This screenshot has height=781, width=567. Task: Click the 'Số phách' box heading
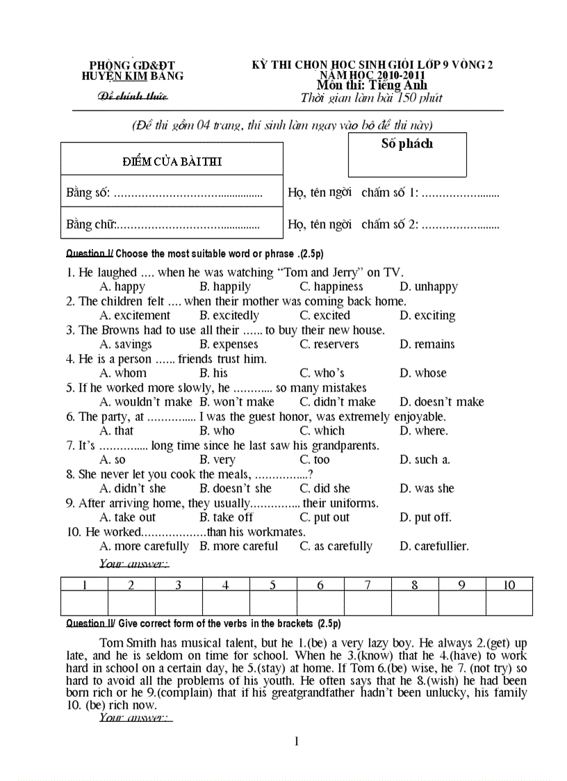click(406, 144)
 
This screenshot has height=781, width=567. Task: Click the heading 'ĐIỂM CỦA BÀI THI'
click(172, 161)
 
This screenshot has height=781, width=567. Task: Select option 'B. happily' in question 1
click(224, 287)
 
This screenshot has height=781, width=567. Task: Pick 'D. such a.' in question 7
click(425, 460)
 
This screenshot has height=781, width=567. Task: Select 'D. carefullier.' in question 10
click(434, 547)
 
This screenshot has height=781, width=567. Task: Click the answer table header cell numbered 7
click(367, 585)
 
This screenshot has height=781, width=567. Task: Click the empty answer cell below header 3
click(179, 604)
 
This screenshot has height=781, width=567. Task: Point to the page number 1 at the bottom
click(297, 741)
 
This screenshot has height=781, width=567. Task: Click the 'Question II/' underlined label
click(89, 624)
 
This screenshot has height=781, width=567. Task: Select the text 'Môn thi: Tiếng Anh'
click(367, 85)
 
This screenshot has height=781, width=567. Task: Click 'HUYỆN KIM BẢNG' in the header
click(132, 76)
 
